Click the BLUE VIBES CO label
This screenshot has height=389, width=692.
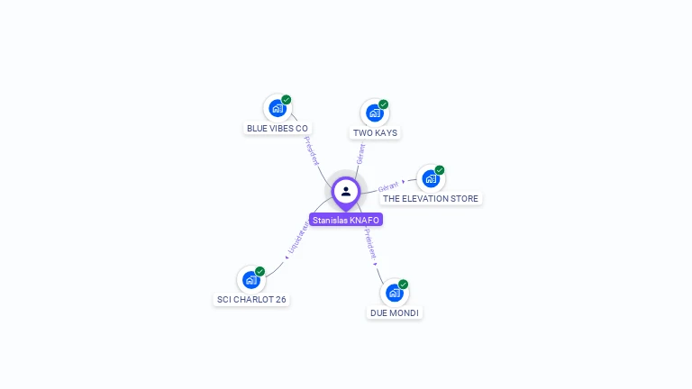coord(278,129)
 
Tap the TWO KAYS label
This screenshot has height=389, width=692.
coord(375,133)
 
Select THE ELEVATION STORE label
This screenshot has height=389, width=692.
coord(431,198)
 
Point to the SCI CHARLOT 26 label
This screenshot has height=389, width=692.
coord(252,300)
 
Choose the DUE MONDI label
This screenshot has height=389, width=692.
coord(395,313)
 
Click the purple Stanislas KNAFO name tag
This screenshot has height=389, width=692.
coord(346,220)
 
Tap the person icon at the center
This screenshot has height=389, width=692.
coord(346,191)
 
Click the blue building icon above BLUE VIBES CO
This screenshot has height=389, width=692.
coord(277,108)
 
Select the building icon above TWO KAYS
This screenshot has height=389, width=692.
coord(374,113)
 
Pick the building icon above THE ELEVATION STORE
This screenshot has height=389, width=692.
coord(430,178)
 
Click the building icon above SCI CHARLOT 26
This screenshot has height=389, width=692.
coord(251,280)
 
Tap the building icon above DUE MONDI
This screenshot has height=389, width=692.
coord(394,293)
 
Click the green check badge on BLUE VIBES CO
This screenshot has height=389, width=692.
coord(287,100)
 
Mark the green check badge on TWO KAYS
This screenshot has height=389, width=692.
coord(384,104)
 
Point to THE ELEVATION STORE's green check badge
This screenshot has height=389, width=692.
coord(440,170)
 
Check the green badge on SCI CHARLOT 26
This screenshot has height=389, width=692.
coord(260,272)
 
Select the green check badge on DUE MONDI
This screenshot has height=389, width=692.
coord(404,285)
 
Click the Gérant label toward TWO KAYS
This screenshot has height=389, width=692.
coord(361,154)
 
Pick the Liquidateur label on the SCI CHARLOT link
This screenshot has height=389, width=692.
coord(298,239)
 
